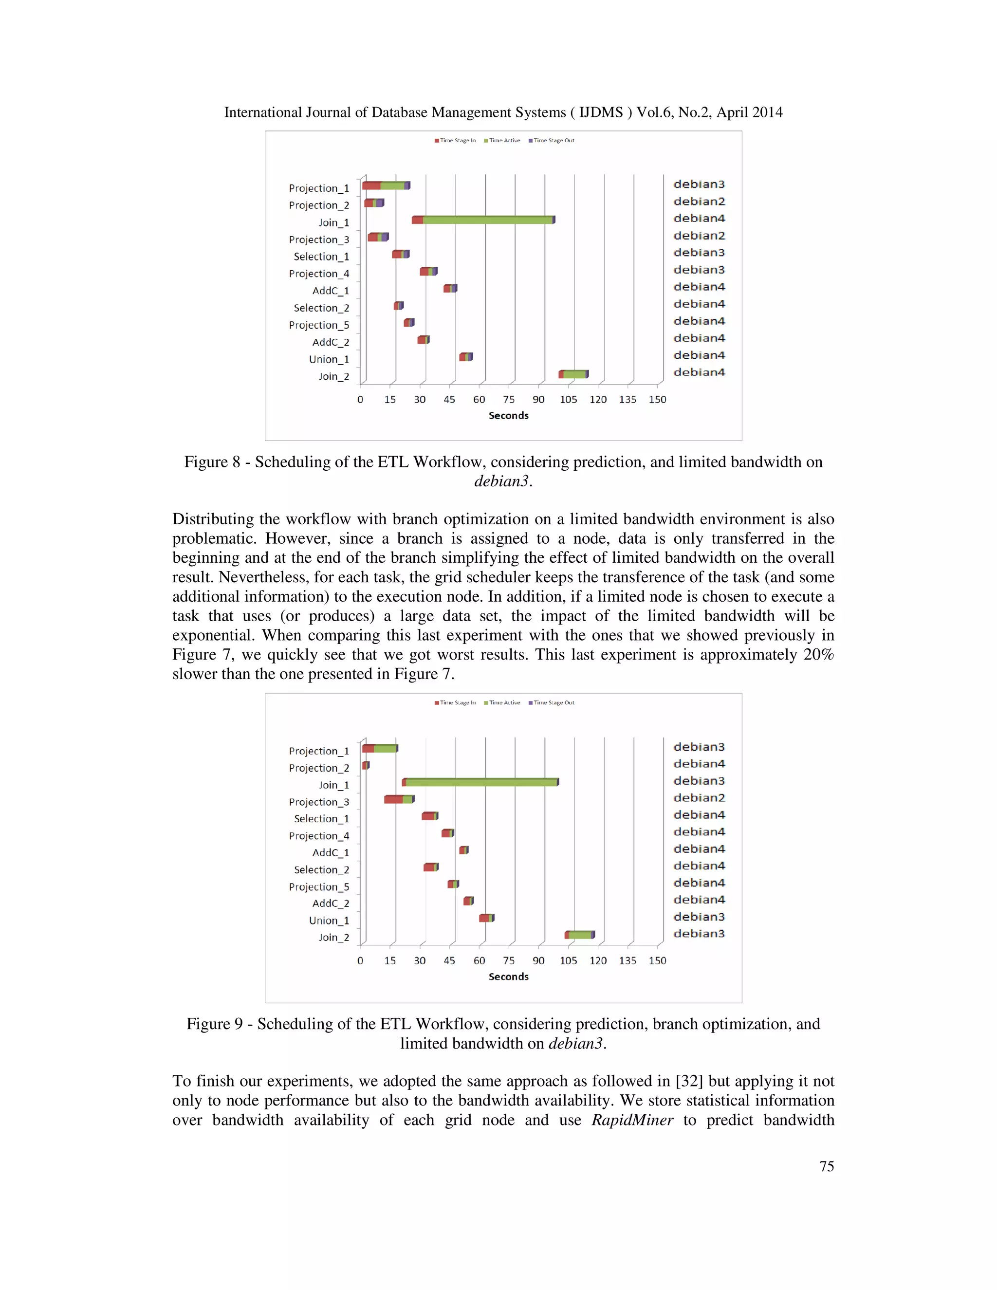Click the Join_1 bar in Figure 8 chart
pos(483,220)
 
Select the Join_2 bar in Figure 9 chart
pos(579,935)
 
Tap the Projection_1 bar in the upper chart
pos(386,185)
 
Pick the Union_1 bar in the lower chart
pos(486,918)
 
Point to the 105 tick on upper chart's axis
pos(568,400)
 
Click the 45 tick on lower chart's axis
pos(449,961)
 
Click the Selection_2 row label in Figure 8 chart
pos(321,308)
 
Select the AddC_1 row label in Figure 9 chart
pos(330,853)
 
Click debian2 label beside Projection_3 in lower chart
pos(699,798)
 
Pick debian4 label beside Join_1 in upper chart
pos(699,219)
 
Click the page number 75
pos(826,1166)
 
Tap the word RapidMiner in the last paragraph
pos(632,1121)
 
